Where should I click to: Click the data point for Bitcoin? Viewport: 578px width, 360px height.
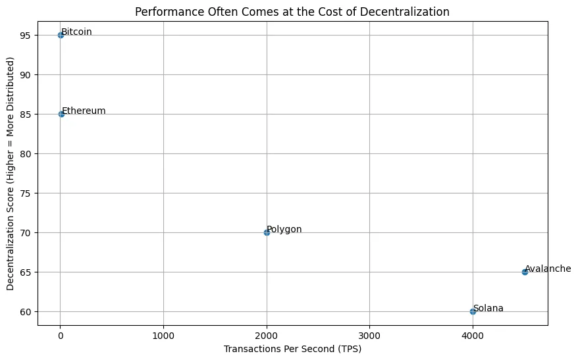click(x=61, y=35)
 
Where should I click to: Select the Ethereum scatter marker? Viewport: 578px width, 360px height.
click(x=61, y=114)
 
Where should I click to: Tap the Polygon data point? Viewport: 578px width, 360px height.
click(x=267, y=232)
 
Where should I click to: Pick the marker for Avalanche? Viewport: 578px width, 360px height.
click(x=525, y=272)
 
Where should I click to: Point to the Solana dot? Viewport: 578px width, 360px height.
click(x=473, y=311)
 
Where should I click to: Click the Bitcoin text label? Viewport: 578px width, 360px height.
click(x=76, y=32)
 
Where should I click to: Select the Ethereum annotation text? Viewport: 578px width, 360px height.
click(x=84, y=111)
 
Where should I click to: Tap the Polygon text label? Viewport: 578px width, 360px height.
click(x=284, y=229)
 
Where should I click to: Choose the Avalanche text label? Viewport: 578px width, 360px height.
click(x=548, y=269)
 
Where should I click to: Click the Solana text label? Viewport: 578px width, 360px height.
click(x=488, y=308)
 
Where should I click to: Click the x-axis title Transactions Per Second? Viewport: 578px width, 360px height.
click(x=292, y=349)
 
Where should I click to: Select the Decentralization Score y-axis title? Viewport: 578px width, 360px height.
click(x=11, y=174)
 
